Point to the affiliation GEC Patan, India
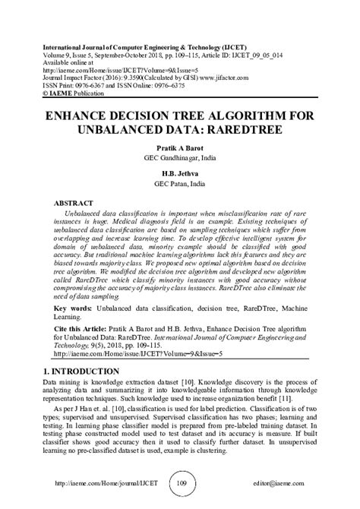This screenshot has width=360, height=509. pyautogui.click(x=180, y=183)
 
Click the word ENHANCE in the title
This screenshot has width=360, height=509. pyautogui.click(x=86, y=115)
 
